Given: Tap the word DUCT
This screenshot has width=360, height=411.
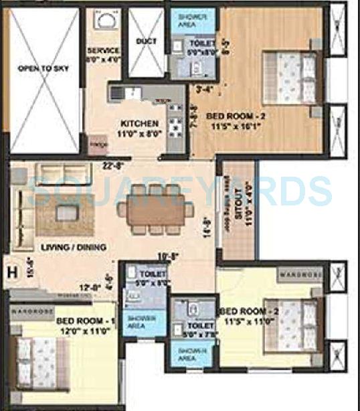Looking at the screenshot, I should click(146, 42).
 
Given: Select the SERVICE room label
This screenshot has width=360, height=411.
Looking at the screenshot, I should click(104, 51).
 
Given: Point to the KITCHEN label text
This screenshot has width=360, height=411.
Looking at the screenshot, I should click(140, 124).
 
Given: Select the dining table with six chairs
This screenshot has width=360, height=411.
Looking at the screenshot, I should click(155, 210).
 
